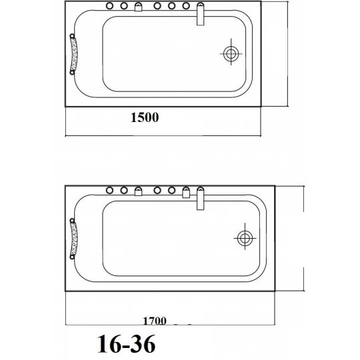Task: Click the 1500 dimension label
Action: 145,117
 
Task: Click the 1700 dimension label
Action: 155,321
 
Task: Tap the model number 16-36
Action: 127,344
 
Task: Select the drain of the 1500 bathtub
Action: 231,54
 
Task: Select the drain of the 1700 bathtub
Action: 245,238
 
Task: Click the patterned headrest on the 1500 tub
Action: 73,54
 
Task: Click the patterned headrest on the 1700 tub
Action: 73,239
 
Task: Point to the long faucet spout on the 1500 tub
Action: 201,14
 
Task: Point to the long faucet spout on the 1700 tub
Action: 201,199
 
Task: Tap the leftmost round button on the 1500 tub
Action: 109,6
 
